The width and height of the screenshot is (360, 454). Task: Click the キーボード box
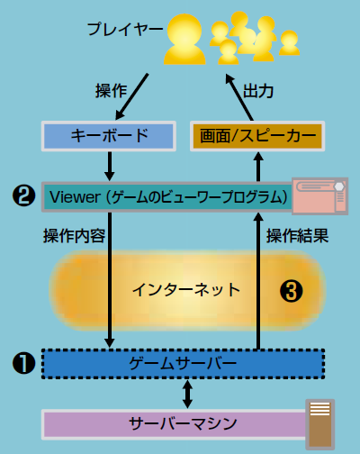coord(109,136)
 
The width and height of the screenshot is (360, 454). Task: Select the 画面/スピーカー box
coord(257,136)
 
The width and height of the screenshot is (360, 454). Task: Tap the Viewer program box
coord(166,197)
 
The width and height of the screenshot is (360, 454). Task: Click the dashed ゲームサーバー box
coord(183,364)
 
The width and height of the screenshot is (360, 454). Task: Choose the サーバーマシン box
coord(174,424)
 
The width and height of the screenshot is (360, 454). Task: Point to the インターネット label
coord(186,290)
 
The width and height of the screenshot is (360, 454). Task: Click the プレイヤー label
coord(125,29)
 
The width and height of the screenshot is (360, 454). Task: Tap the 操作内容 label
coord(74,236)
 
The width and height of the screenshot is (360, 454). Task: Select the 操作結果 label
coord(297,236)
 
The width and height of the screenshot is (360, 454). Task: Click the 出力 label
coord(258,91)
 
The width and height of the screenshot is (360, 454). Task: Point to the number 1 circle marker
coord(23,363)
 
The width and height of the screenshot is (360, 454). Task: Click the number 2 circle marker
coord(23,195)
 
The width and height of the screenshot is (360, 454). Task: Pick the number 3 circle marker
coord(291,291)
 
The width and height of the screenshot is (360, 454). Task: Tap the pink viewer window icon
coord(320,196)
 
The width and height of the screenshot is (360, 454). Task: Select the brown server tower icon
coord(320,424)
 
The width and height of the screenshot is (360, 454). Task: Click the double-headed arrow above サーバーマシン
coord(188,394)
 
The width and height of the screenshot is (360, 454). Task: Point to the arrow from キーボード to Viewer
coord(110,167)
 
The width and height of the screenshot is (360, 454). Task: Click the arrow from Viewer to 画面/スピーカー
coord(258,167)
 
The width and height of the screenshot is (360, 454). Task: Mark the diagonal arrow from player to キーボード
coord(132,96)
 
